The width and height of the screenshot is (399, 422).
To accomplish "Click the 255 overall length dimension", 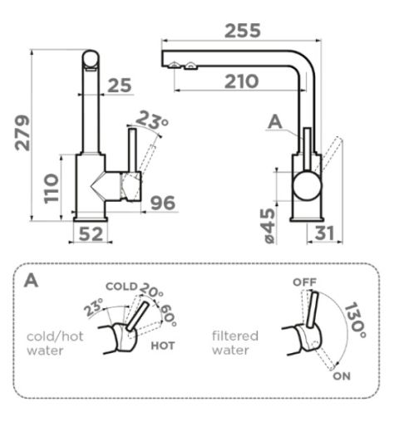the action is click(x=243, y=31).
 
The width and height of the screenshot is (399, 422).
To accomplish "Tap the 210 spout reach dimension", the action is click(x=241, y=81).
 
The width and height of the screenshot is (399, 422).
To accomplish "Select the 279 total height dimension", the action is click(x=22, y=133).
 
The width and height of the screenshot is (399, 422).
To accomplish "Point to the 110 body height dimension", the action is click(x=52, y=189).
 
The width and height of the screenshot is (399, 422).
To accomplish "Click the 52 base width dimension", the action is click(x=91, y=234).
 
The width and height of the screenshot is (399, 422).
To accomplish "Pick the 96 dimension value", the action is click(x=163, y=203).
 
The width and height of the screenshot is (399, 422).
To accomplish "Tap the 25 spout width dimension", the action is click(x=120, y=86).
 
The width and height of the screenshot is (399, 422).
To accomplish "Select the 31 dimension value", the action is click(x=324, y=233).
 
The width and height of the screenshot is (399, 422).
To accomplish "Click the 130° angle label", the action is click(x=356, y=320).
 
